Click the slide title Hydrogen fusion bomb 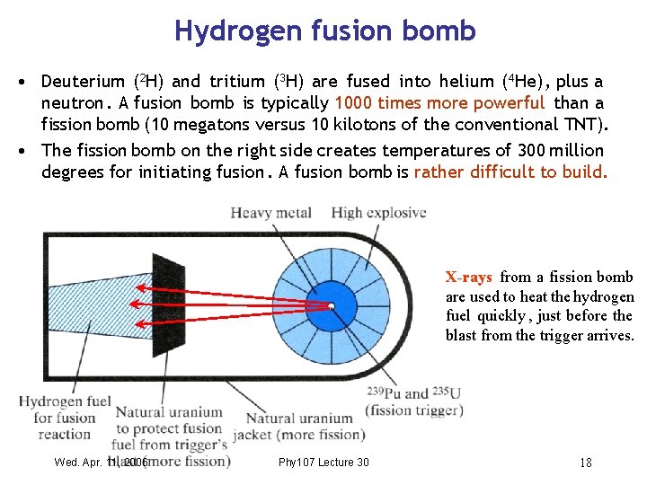click(324, 31)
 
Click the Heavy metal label click(270, 213)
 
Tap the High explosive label click(378, 213)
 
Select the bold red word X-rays click(469, 278)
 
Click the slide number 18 click(585, 463)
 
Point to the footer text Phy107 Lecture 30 click(323, 463)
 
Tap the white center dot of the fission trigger click(332, 307)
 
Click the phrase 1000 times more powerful click(439, 103)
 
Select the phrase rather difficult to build click(510, 172)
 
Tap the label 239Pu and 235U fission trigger click(414, 401)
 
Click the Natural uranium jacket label click(298, 427)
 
